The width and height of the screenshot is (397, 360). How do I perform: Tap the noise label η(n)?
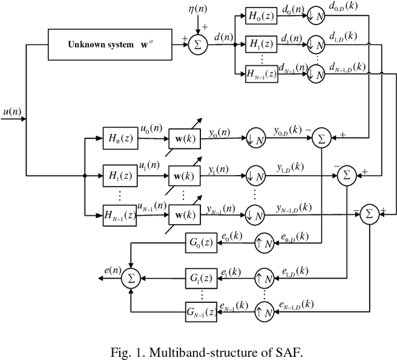[x=198, y=10]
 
